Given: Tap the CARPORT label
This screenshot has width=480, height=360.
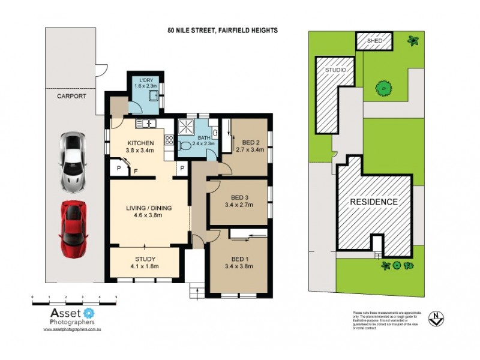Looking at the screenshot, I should coord(71,96).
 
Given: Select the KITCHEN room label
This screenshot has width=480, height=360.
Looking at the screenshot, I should coord(141,143).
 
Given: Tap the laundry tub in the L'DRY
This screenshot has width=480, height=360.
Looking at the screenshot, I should coord(154,100).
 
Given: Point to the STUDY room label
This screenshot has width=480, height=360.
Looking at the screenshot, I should coord(144,260).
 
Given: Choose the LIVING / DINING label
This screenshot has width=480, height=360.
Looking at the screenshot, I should coord(149,208).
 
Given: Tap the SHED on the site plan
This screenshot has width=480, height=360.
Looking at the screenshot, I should coord(374,41).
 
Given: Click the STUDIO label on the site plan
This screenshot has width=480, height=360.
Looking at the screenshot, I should coord(335,70).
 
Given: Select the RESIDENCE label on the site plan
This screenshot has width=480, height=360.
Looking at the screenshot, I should coord(374,202).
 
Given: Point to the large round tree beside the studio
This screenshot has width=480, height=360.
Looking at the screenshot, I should coord(383,88).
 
